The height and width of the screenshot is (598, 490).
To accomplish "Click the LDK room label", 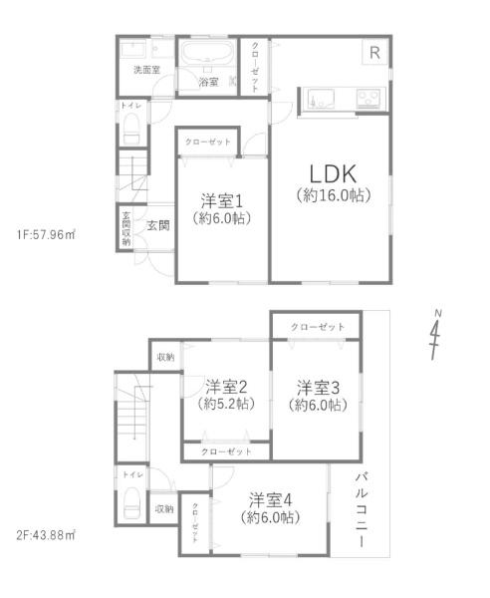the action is (x=333, y=174).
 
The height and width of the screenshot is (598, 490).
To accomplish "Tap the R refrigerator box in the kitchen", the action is (x=374, y=52).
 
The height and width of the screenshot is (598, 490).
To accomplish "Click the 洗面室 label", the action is (x=146, y=70).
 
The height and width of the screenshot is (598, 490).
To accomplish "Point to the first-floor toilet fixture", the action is (x=131, y=129).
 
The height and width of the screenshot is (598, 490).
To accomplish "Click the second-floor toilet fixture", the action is (x=131, y=502).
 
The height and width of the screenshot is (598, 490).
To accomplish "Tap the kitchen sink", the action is (x=321, y=99).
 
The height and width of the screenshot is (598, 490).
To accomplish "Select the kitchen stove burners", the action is (x=368, y=98).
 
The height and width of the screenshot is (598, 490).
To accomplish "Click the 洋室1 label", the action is (x=222, y=201).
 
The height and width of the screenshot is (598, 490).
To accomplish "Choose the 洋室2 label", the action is (x=226, y=387).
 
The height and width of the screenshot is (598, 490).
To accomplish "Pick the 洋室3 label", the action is (x=318, y=388).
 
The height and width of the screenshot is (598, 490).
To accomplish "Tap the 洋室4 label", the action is (x=271, y=500).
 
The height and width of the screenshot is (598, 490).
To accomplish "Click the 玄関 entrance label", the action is (x=158, y=225).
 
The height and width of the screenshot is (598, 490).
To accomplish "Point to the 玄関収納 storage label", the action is (x=126, y=228).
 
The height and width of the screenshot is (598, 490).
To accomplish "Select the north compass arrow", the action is (x=435, y=335).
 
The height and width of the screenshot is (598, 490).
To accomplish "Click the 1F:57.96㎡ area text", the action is (x=46, y=234).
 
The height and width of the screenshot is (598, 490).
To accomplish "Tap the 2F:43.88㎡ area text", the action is (x=46, y=535).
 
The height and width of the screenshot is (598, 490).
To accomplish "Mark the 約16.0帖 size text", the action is (x=334, y=195).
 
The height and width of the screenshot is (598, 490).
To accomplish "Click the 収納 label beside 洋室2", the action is (x=165, y=357).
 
